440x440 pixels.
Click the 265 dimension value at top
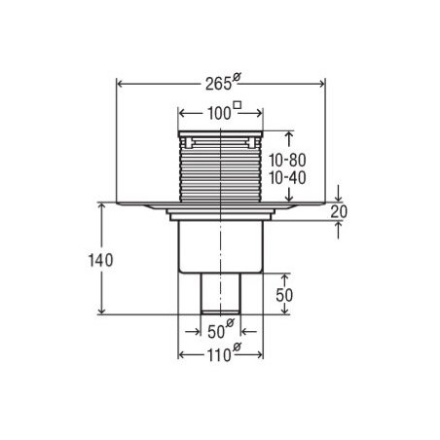tap(218, 85)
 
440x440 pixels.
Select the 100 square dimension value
tap(219, 114)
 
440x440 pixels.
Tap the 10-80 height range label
tap(287, 160)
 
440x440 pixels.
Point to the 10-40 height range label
tap(287, 178)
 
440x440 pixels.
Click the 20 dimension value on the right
tap(339, 212)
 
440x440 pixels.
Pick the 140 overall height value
tap(101, 260)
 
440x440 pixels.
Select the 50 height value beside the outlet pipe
tap(284, 295)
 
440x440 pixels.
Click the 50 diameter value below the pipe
tap(216, 332)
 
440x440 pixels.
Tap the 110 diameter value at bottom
tap(219, 355)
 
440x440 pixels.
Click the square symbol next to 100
tap(238, 105)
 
